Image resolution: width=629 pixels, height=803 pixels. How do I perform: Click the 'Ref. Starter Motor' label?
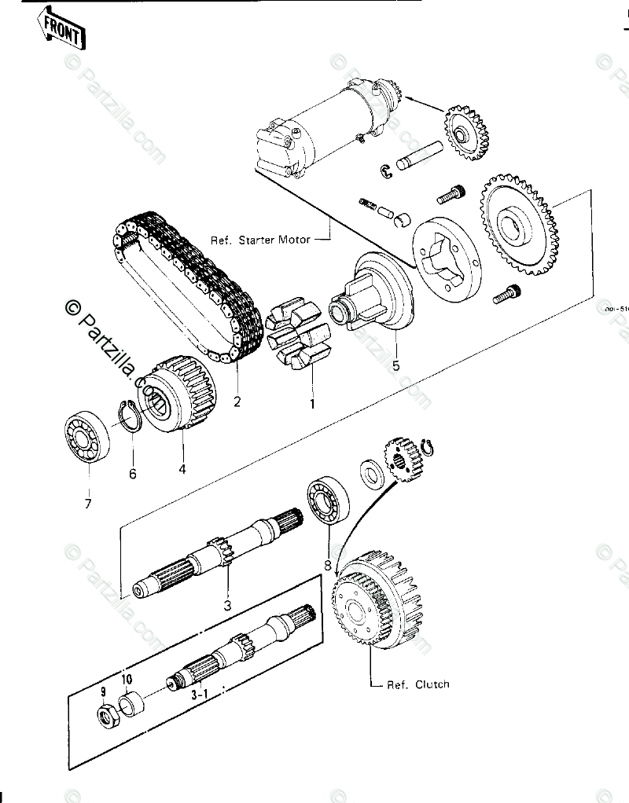coord(260,239)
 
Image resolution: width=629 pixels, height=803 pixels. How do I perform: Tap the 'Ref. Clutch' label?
coord(417,684)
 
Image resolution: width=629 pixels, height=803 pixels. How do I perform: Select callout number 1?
coord(311,405)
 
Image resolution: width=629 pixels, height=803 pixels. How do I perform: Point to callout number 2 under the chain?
coord(237,402)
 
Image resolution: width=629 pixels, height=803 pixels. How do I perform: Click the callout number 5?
coord(396,365)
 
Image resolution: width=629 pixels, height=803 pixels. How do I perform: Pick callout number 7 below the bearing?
coord(88,503)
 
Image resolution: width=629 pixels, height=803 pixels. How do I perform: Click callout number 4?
coord(182,470)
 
